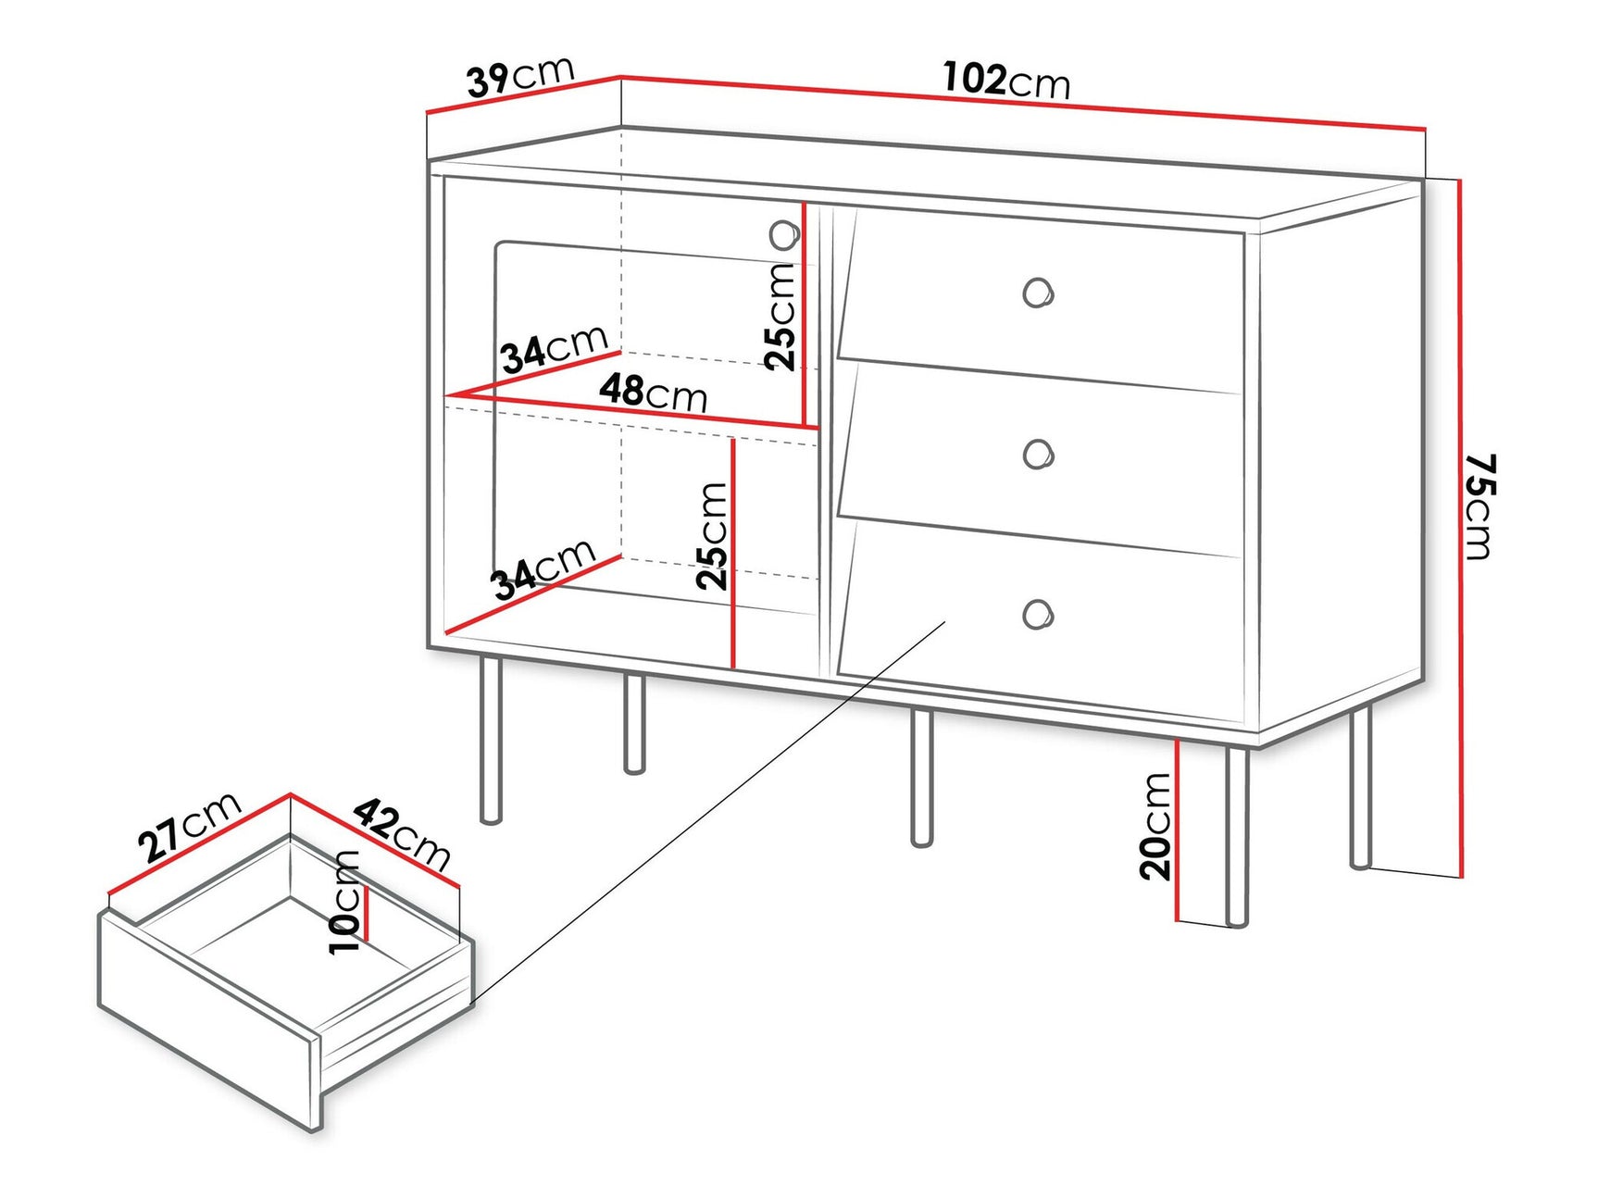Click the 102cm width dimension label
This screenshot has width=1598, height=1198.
[x=1005, y=81]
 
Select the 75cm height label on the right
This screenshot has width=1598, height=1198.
[x=1479, y=506]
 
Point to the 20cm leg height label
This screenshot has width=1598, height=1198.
[x=1155, y=826]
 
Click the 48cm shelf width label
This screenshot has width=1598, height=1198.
[x=653, y=393]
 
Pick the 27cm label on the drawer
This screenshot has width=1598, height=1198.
[x=189, y=826]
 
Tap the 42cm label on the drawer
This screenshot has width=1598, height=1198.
[x=402, y=834]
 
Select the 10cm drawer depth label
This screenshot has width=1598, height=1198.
[x=344, y=902]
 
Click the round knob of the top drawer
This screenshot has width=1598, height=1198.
[x=1038, y=293]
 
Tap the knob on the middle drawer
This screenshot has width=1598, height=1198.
[x=1038, y=454]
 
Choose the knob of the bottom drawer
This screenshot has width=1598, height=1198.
[x=1038, y=615]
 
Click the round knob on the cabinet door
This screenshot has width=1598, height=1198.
[x=784, y=235]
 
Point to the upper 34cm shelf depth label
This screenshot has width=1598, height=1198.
[x=554, y=348]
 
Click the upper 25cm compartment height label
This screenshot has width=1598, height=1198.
[x=780, y=316]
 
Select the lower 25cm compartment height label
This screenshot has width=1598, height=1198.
[x=713, y=536]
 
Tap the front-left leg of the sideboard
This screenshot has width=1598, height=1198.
[x=492, y=741]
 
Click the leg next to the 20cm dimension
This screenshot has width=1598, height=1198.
[x=1237, y=833]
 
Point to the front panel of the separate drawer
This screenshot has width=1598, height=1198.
[x=208, y=1018]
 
